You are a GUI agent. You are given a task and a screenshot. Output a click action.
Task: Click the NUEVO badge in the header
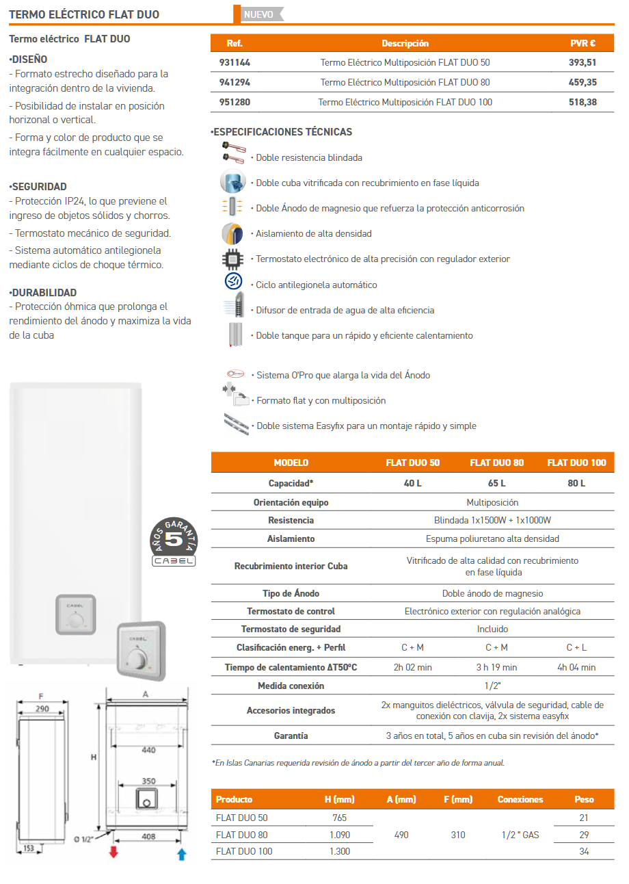pos(258,14)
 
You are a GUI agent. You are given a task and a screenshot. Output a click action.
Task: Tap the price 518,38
pos(583,102)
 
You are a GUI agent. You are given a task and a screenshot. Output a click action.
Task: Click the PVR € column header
pos(583,43)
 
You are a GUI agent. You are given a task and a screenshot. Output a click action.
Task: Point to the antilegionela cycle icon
pos(232,282)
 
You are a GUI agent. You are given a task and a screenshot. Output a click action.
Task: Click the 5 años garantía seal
pos(174,541)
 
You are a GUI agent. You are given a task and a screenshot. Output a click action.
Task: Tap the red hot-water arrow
pos(113,853)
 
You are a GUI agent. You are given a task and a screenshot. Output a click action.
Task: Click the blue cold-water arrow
pos(181,853)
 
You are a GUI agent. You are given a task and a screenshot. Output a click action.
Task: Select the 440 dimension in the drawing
pos(148,750)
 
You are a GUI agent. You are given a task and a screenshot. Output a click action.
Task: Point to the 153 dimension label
pos(28,848)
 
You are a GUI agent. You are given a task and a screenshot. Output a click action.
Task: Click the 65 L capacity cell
pos(496,483)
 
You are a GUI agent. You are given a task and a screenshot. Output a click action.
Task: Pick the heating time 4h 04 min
pos(576,667)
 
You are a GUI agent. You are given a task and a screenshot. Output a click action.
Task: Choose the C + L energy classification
pos(576,647)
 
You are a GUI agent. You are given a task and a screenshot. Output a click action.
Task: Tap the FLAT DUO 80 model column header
pos(496,463)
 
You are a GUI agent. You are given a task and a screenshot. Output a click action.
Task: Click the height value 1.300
pos(339,851)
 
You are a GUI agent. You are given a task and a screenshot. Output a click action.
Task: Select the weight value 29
pos(583,835)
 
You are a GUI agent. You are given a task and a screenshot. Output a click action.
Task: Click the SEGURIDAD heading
pos(38,186)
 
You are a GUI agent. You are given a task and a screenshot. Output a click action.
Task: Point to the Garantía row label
pos(291,736)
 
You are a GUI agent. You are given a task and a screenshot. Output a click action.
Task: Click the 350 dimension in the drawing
pos(148,781)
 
